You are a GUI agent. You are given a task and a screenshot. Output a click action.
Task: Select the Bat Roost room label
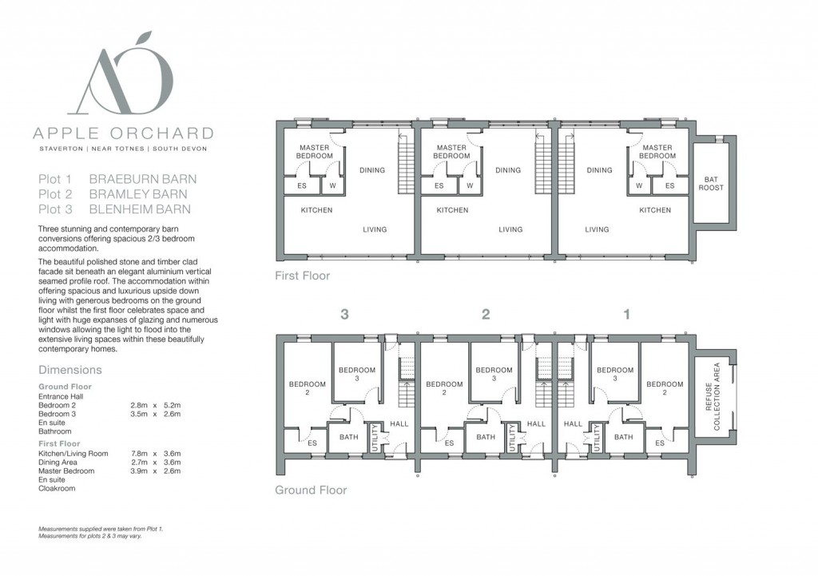pos(711,184)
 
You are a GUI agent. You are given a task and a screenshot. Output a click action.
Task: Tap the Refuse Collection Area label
pos(713,396)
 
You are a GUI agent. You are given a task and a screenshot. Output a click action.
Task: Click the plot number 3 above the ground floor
pos(344,314)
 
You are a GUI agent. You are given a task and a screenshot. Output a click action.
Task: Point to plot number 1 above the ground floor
pos(627,314)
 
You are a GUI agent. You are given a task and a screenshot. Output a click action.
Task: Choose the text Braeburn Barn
pos(143,179)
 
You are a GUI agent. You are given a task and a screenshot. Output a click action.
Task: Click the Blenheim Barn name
pos(140,209)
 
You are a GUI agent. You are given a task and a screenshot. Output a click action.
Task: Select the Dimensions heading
pos(70,370)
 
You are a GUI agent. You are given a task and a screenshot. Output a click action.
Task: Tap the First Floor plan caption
pos(303,276)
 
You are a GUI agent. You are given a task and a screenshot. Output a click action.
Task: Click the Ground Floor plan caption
pos(311,490)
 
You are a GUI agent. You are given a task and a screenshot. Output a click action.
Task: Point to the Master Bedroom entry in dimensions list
pos(66,471)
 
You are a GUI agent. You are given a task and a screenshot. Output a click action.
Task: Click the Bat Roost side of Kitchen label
pos(655,210)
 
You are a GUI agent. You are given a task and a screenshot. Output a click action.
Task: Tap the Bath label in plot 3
pos(349,437)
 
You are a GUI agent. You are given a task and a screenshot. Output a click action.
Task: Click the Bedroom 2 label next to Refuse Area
pos(665,388)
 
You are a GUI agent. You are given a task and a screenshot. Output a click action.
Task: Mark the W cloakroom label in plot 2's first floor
pos(470,185)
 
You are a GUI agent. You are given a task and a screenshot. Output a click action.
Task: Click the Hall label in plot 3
pos(399,423)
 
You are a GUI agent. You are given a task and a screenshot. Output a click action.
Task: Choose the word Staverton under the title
pos(61,149)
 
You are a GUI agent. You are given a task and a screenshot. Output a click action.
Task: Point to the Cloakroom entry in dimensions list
pos(57,488)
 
